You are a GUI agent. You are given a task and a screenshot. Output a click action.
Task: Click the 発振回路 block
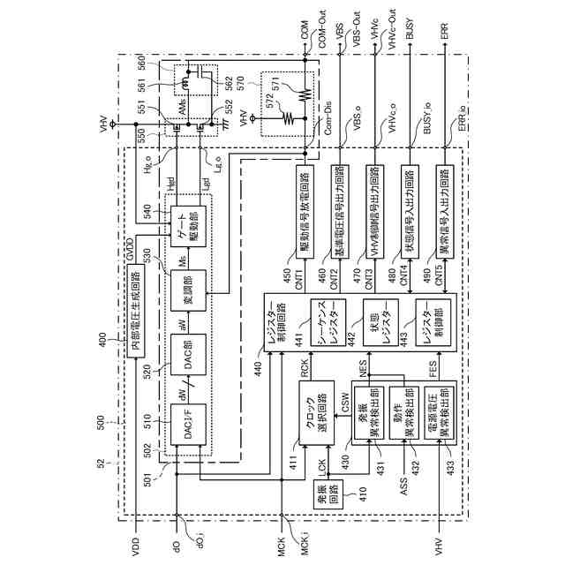pyautogui.click(x=320, y=500)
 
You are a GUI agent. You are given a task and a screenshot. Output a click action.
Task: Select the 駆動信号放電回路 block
pyautogui.click(x=304, y=208)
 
